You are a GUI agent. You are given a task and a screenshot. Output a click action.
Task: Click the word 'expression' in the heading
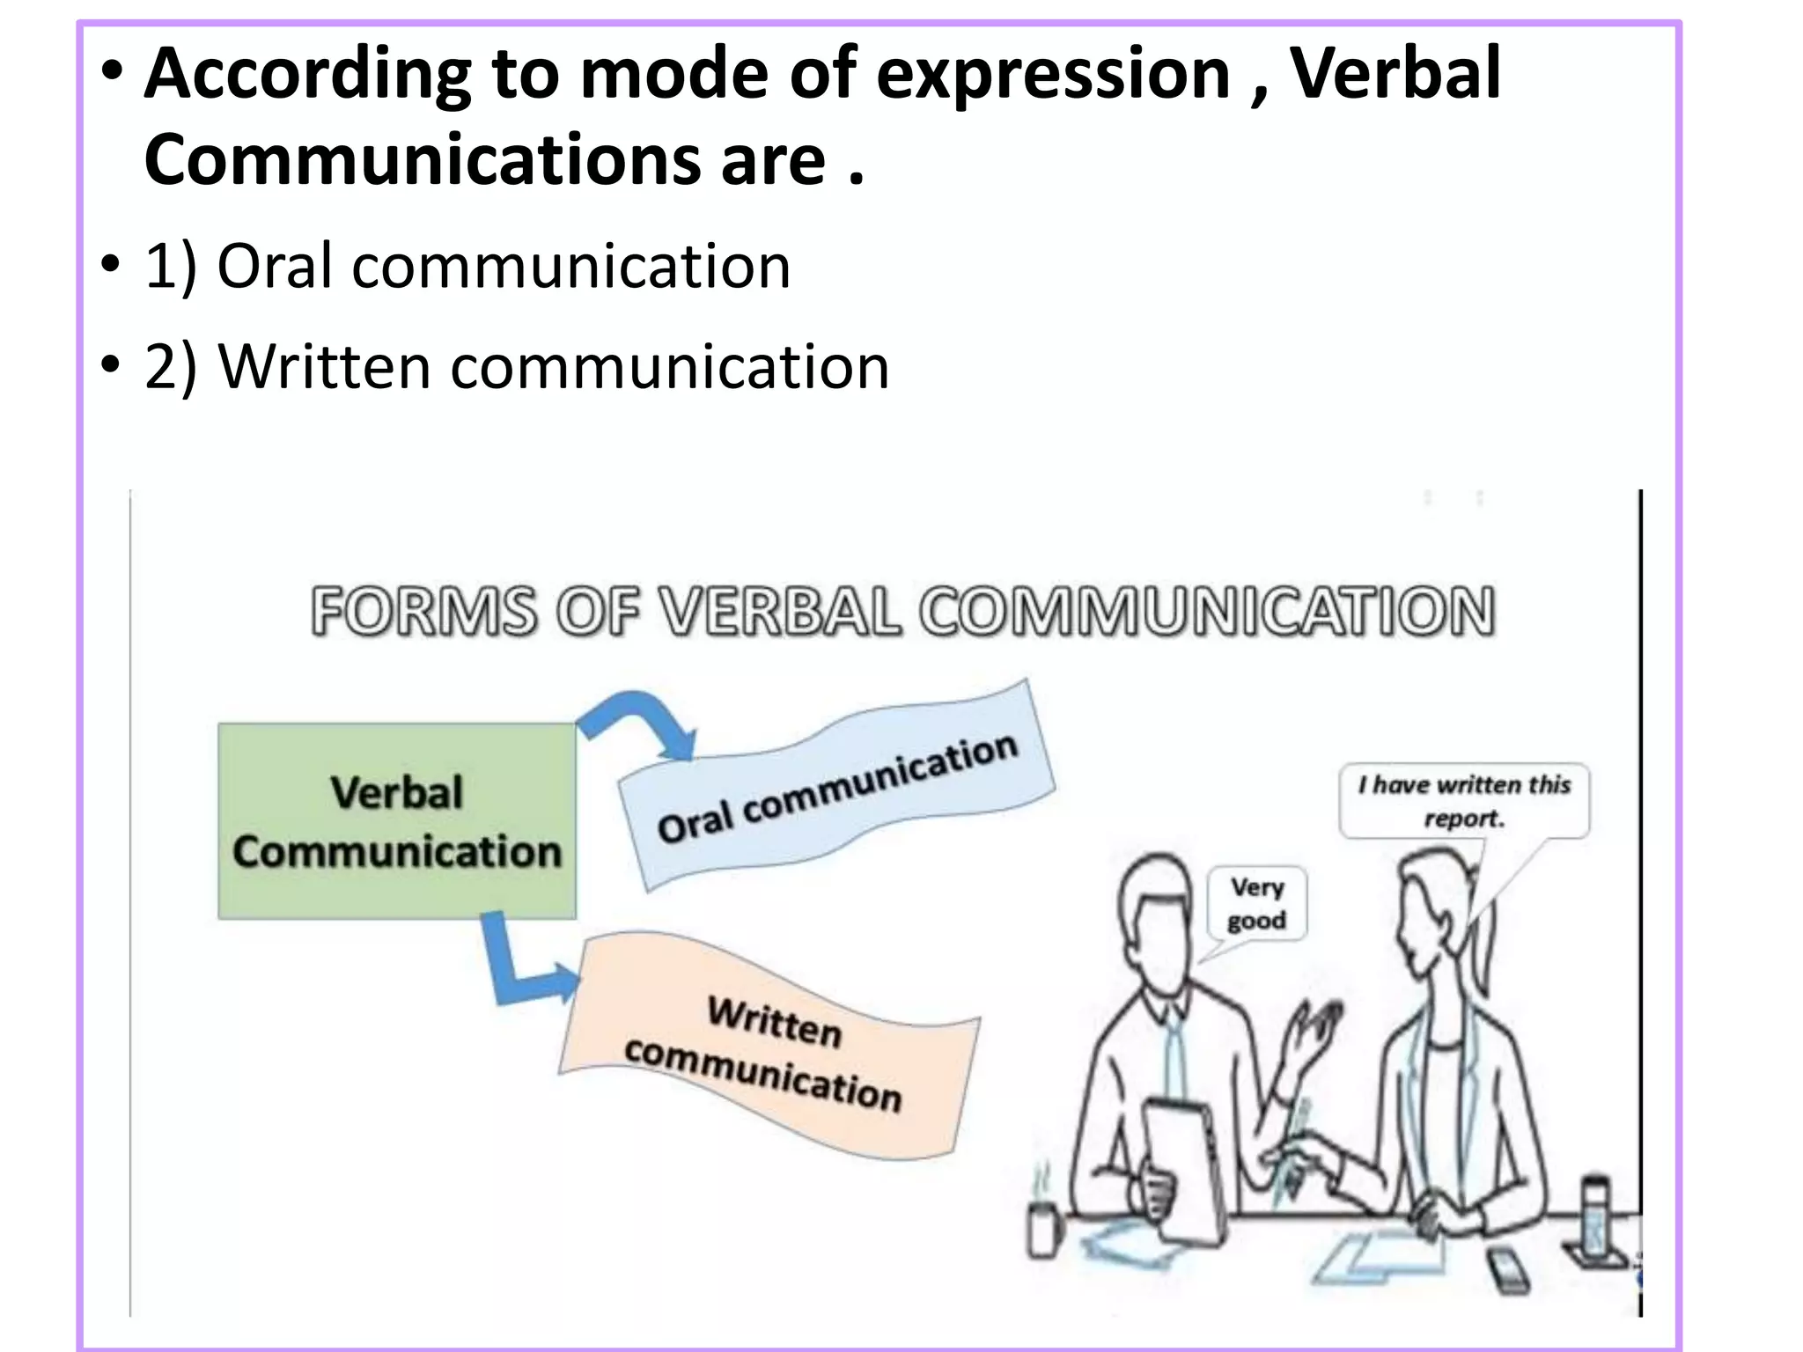pyautogui.click(x=1053, y=74)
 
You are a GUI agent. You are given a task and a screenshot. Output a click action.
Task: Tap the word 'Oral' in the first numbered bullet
pyautogui.click(x=274, y=266)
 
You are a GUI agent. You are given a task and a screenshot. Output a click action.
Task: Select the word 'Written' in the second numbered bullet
pyautogui.click(x=324, y=367)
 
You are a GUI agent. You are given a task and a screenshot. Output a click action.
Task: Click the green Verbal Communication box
pyautogui.click(x=397, y=821)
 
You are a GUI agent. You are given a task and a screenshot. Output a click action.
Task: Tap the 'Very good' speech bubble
pyautogui.click(x=1257, y=904)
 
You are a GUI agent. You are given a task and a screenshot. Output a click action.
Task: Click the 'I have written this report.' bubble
pyautogui.click(x=1464, y=800)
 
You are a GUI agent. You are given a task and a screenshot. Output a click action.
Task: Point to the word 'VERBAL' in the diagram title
pyautogui.click(x=781, y=611)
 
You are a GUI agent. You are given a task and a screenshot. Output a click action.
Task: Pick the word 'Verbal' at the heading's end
pyautogui.click(x=1395, y=74)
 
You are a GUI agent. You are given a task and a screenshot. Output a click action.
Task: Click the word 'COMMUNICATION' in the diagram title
pyautogui.click(x=1207, y=611)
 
